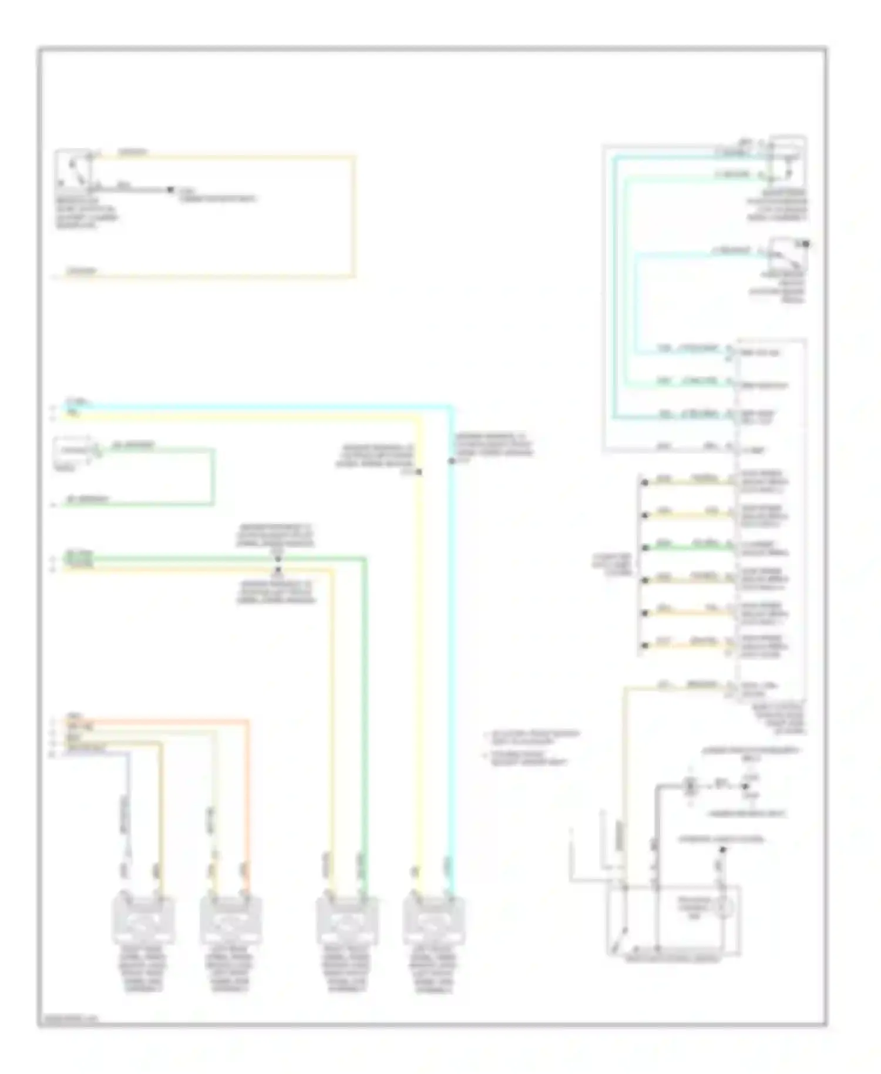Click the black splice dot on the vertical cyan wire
451,461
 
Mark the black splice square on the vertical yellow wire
419,472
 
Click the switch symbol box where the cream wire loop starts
73,171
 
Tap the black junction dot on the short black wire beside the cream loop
170,189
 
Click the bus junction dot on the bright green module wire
645,548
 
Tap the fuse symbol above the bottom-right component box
691,785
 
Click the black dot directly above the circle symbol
723,850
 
